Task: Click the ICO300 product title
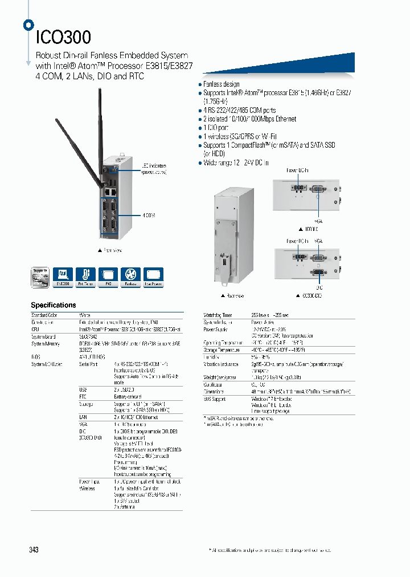[63, 37]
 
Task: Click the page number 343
[34, 550]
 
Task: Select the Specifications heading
[53, 305]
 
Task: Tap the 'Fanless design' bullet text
[222, 84]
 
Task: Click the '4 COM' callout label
[149, 215]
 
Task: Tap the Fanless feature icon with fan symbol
[130, 276]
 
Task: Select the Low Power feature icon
[153, 276]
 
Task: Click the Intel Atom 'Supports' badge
[40, 276]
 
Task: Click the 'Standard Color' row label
[44, 315]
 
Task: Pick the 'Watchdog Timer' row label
[217, 315]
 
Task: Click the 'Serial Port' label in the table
[89, 363]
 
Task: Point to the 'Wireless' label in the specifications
[87, 489]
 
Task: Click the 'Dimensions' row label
[214, 392]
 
